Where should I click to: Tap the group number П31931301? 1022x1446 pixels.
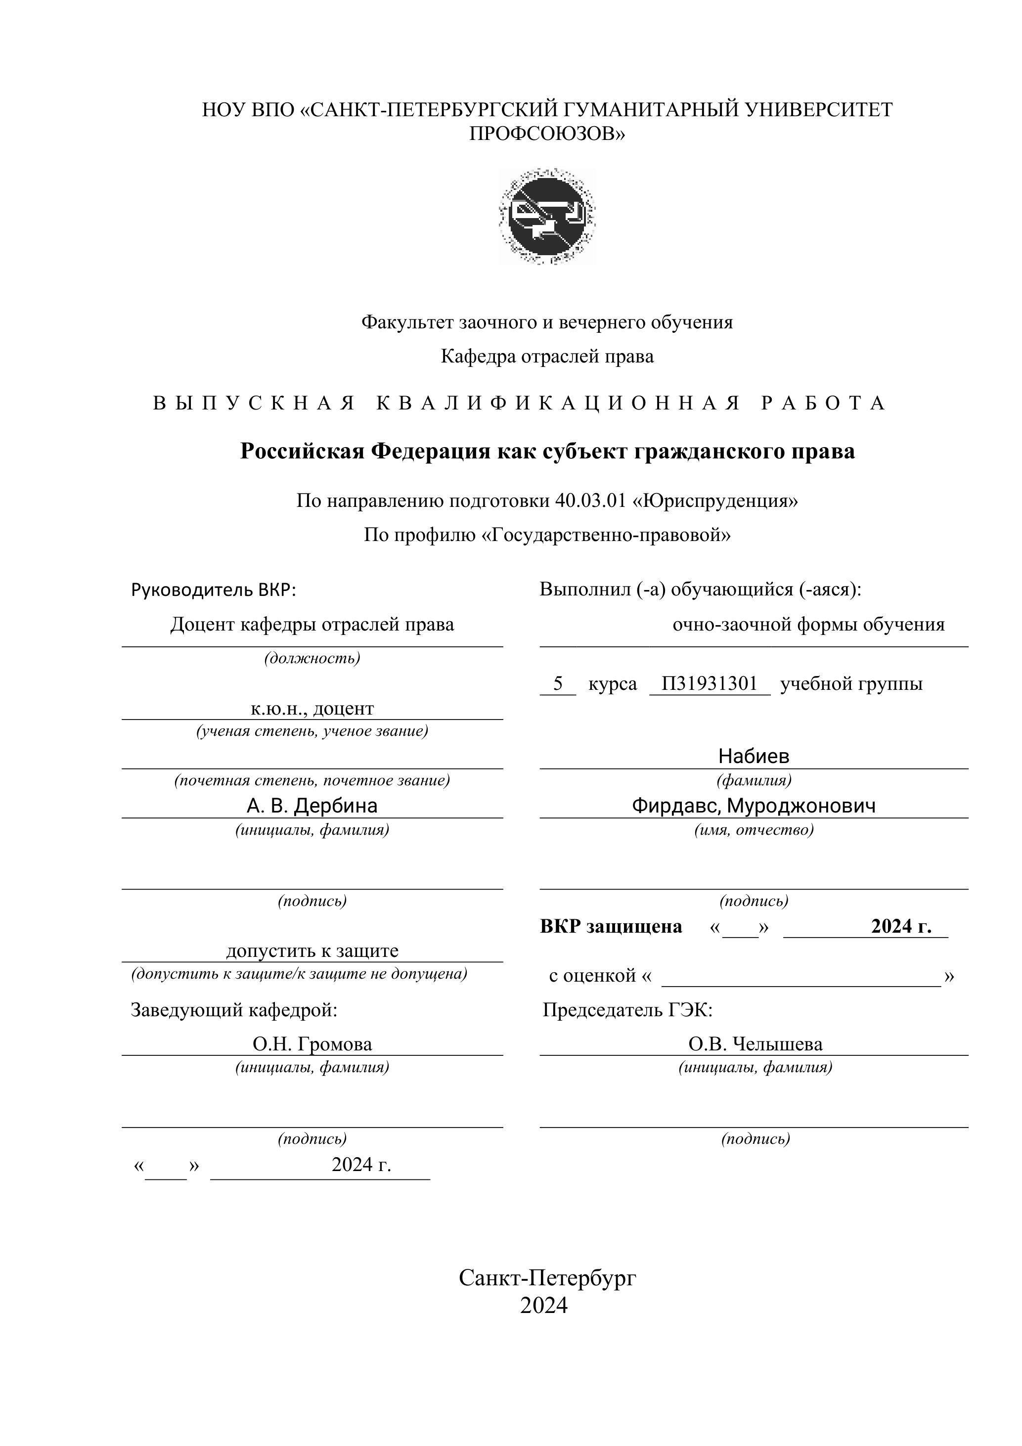click(709, 683)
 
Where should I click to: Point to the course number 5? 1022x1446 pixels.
click(557, 683)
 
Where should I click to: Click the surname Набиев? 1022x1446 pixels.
click(753, 756)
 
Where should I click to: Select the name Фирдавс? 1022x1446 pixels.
click(676, 806)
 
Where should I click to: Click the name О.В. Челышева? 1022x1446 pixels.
click(755, 1044)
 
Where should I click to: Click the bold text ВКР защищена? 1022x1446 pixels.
click(610, 926)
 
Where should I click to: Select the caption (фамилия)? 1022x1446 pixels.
click(753, 780)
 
